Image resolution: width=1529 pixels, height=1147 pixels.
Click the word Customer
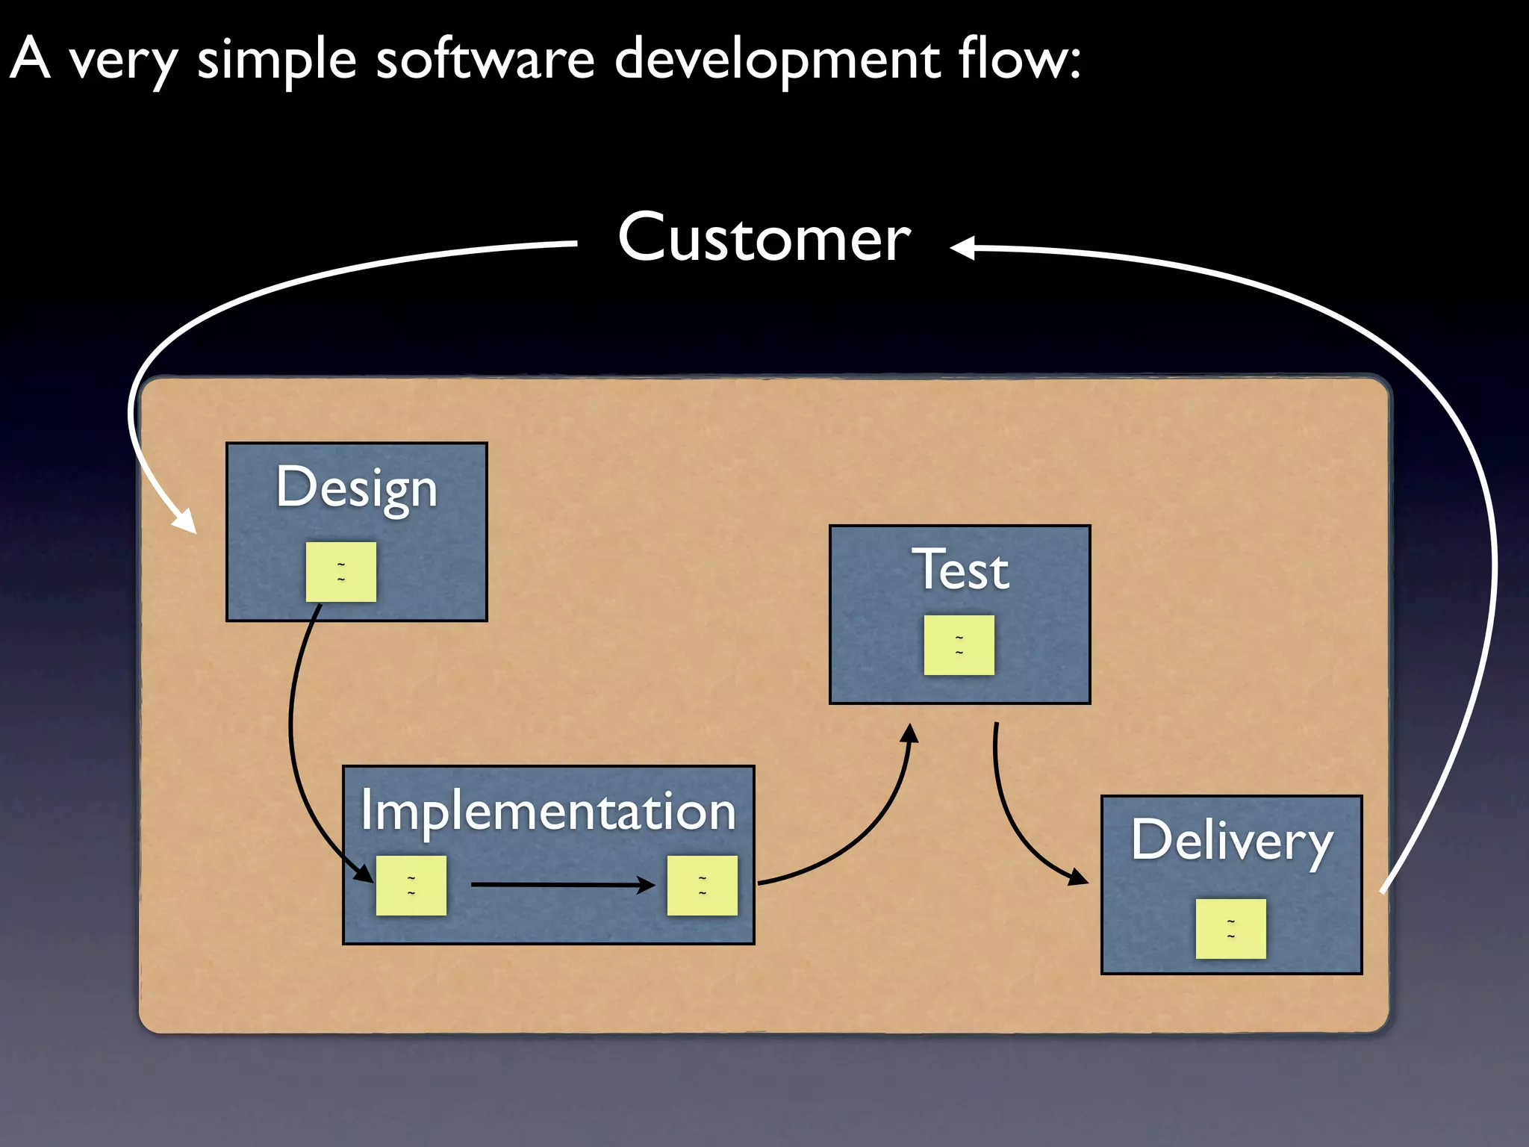[x=764, y=237]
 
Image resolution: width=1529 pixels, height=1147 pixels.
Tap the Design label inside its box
[x=356, y=488]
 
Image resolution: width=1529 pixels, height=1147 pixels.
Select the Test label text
[x=960, y=570]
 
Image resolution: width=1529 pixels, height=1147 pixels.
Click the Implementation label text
[x=548, y=811]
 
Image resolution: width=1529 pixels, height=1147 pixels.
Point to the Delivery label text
[x=1231, y=841]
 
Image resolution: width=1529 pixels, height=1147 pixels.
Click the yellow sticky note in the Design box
[x=341, y=572]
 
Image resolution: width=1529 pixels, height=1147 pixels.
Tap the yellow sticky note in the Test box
[x=959, y=645]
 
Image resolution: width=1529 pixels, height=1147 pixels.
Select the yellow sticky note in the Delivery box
[x=1231, y=929]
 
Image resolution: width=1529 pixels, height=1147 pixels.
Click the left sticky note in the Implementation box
[x=411, y=886]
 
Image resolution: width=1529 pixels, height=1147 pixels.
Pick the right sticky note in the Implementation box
[x=703, y=886]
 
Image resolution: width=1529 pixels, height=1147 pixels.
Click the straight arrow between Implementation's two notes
[x=560, y=885]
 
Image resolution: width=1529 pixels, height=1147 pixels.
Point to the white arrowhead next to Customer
[x=963, y=247]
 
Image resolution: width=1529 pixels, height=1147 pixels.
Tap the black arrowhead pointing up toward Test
[x=909, y=734]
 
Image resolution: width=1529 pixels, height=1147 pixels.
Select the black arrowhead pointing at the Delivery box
[x=1077, y=877]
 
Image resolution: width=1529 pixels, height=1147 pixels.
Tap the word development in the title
[x=776, y=60]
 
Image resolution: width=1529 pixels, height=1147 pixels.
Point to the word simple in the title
[x=277, y=60]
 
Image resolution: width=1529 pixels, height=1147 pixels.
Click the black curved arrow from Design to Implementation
[x=293, y=739]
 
